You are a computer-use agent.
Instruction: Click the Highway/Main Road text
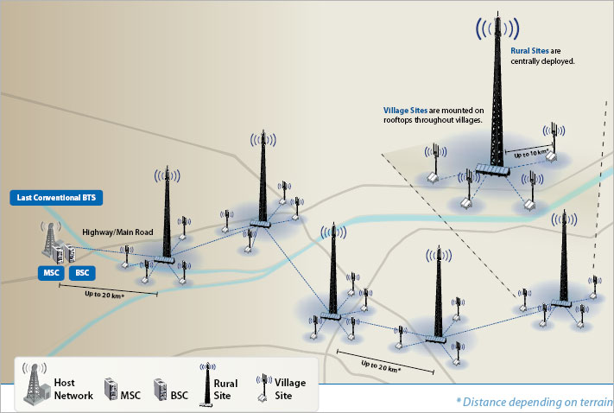[x=119, y=232]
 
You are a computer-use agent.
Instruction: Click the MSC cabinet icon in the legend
[x=111, y=388]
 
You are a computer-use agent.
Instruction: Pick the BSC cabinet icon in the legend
[x=160, y=388]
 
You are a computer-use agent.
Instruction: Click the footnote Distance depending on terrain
[x=533, y=402]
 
